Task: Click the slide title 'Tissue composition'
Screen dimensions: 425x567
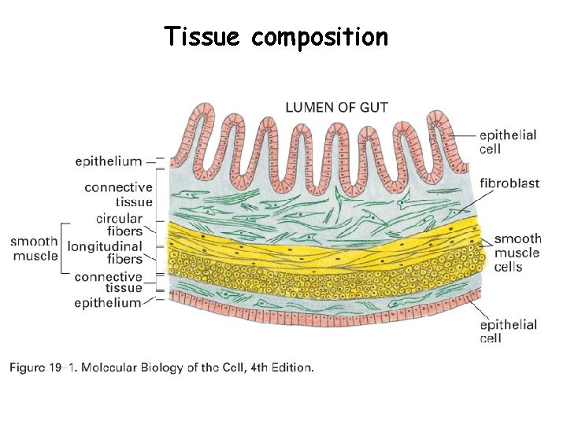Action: pyautogui.click(x=276, y=37)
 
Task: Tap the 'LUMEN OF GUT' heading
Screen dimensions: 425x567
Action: pyautogui.click(x=336, y=107)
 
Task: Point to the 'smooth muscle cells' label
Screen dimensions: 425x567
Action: pyautogui.click(x=517, y=253)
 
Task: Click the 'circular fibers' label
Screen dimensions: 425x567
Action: pyautogui.click(x=119, y=224)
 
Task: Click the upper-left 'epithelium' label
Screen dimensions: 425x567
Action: pyautogui.click(x=109, y=161)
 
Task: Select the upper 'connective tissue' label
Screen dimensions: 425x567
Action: pyautogui.click(x=118, y=194)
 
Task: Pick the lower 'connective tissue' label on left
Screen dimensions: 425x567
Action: pyautogui.click(x=108, y=283)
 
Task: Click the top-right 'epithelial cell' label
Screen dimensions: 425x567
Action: pyautogui.click(x=507, y=142)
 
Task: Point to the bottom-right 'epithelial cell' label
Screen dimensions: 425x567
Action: pyautogui.click(x=507, y=331)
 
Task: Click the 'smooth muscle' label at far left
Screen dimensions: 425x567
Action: pyautogui.click(x=34, y=249)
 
